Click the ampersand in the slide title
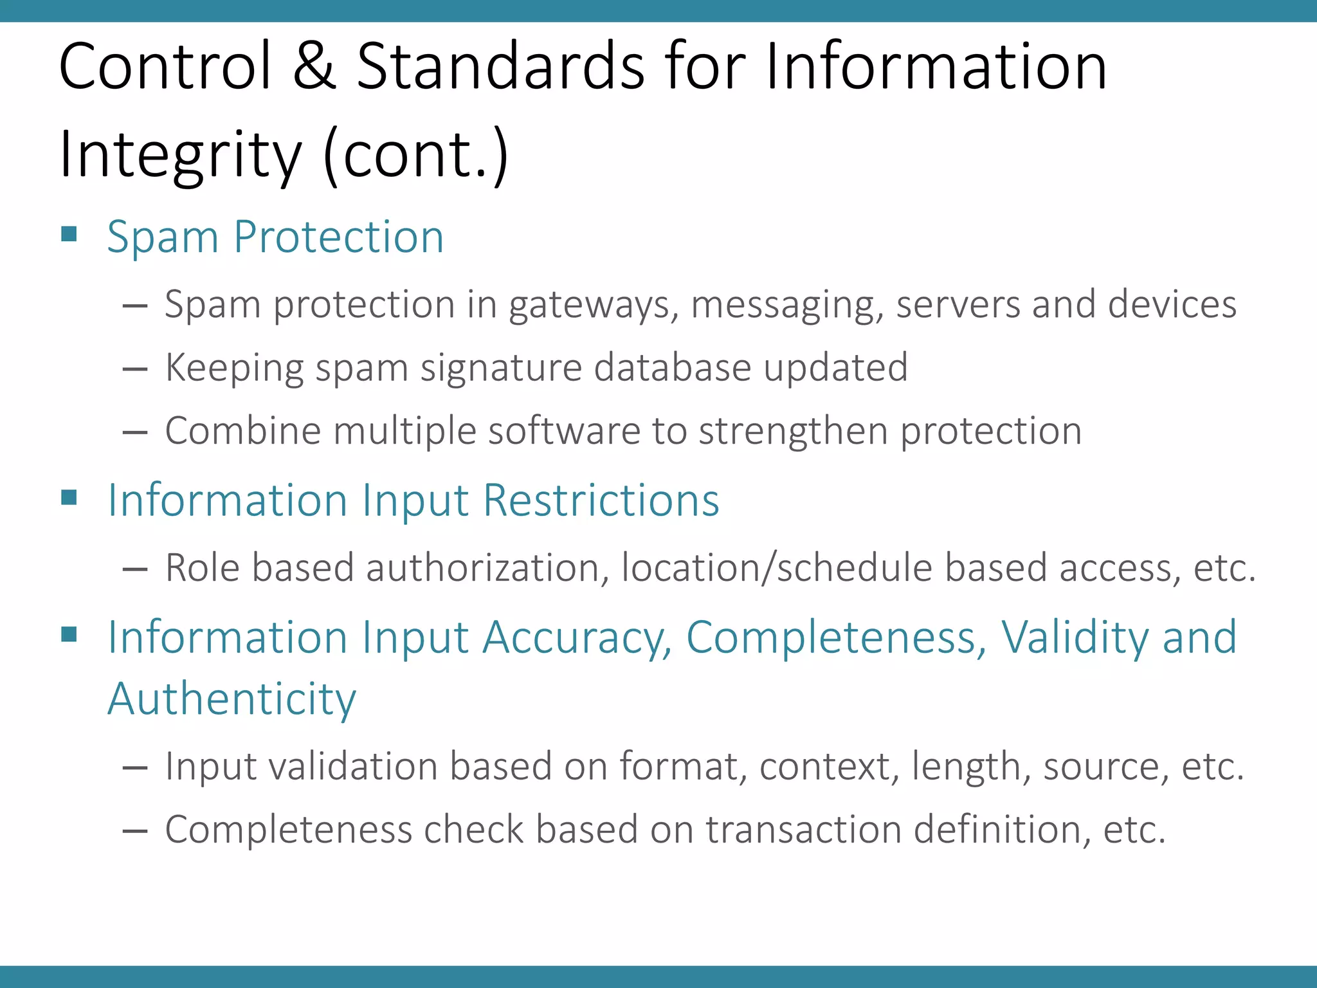pos(314,66)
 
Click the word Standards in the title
pos(500,66)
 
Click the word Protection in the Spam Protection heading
pos(338,237)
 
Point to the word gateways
pos(594,305)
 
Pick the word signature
pos(501,369)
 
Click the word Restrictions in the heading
pos(601,500)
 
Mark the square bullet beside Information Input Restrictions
pos(69,497)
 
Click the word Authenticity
pos(232,699)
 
